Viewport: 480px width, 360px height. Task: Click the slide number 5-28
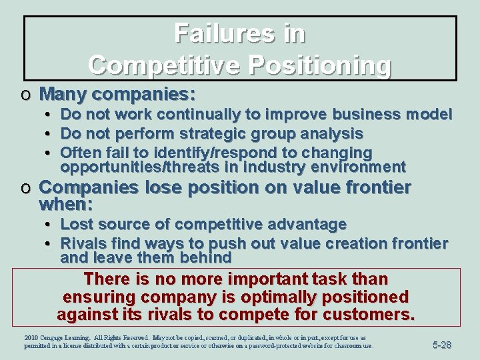(x=442, y=345)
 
